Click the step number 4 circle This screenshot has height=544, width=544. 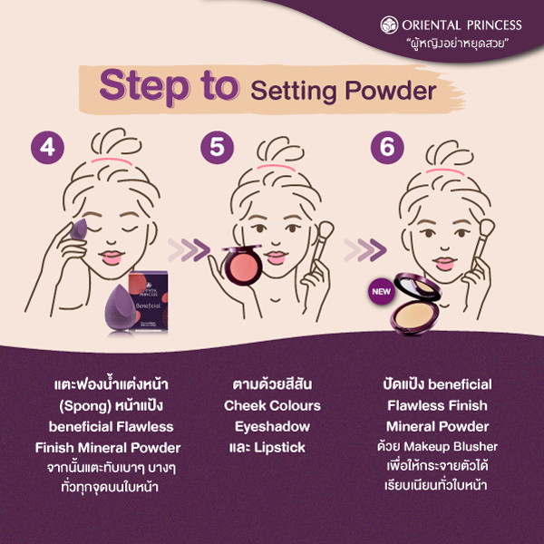[47, 147]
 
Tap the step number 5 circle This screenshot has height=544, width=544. [218, 147]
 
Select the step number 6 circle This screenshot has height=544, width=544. [387, 147]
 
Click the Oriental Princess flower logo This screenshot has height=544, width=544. [389, 25]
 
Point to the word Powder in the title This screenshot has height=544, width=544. [390, 91]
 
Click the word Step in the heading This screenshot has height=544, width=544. [144, 86]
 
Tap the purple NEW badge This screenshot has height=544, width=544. [381, 291]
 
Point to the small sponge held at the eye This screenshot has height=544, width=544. [79, 228]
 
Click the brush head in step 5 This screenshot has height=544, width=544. [325, 230]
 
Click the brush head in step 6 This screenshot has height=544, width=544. [486, 228]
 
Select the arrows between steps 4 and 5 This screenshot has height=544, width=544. [189, 250]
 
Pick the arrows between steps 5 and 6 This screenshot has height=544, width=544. [365, 250]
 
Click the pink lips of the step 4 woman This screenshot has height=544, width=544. [112, 257]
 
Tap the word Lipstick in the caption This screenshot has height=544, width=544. [279, 448]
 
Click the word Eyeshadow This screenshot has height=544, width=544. [272, 427]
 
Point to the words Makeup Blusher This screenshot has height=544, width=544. [451, 446]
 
